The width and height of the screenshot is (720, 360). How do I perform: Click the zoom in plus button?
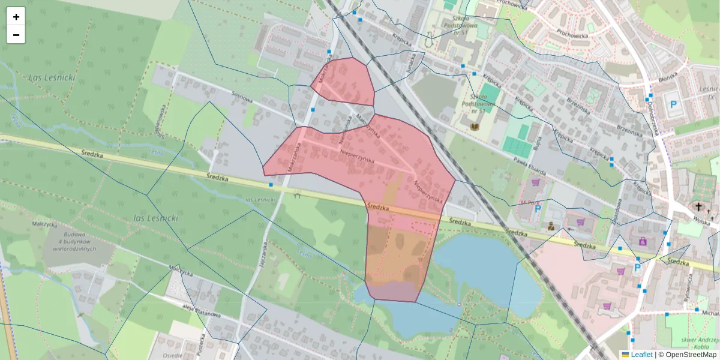pos(16,17)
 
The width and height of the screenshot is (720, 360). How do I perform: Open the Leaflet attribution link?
pos(641,355)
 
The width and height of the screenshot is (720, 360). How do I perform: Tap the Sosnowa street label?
pos(242,97)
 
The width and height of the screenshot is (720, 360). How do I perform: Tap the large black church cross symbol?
pos(698,208)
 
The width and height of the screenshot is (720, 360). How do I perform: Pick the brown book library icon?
pos(475,127)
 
